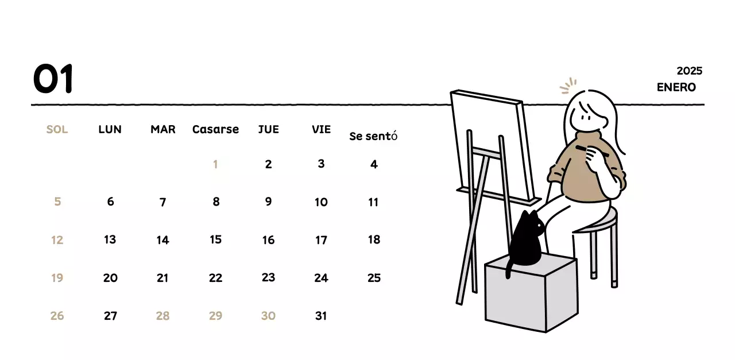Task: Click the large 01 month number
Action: point(53,79)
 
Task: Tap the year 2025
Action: point(689,71)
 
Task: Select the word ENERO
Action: point(676,87)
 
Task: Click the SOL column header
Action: point(57,130)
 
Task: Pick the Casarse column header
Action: point(215,130)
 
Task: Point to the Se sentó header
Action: point(373,137)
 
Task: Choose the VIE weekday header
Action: point(321,130)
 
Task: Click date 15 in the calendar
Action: point(215,239)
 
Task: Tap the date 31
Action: point(321,316)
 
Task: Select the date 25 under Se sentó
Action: point(374,278)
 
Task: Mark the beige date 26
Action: point(57,316)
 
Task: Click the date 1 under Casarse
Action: point(215,165)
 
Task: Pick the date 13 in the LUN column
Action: point(110,239)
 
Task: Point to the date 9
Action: point(268,202)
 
